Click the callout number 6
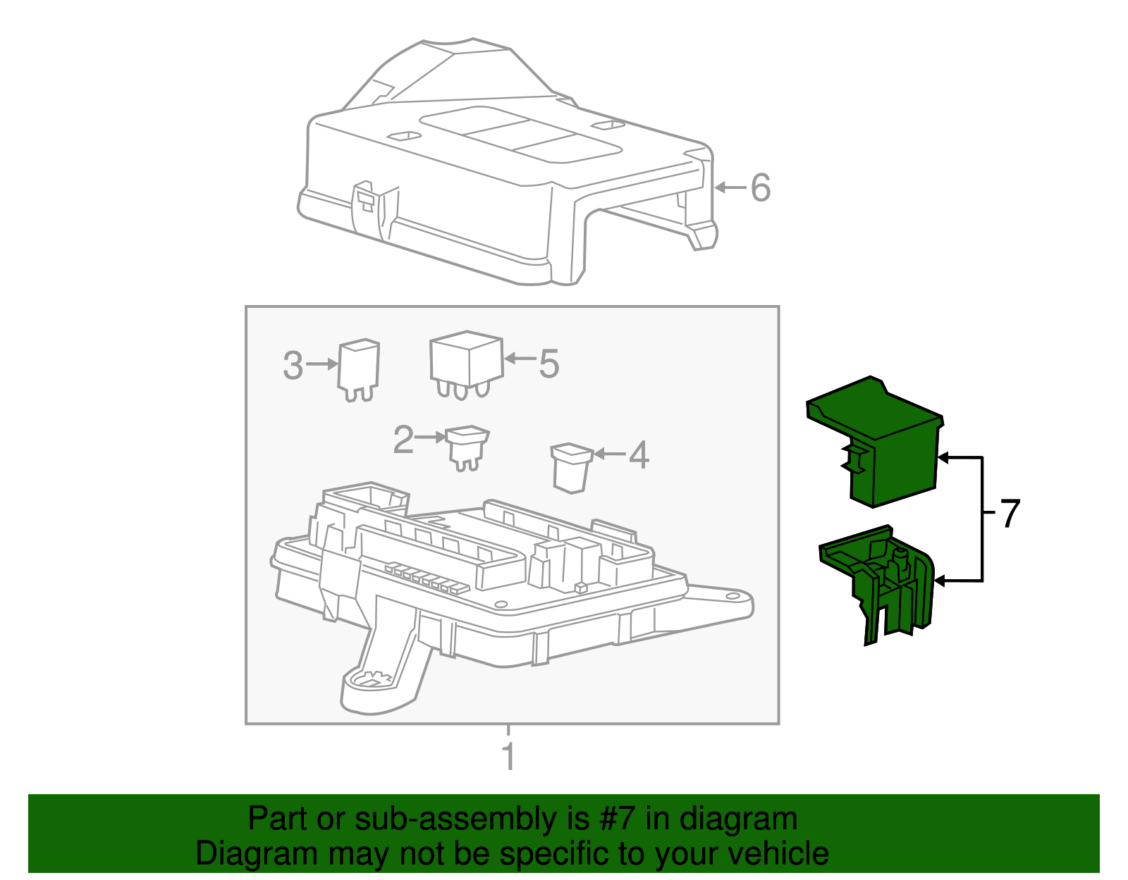point(761,187)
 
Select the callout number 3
point(293,365)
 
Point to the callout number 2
point(403,440)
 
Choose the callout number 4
point(639,454)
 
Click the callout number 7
point(1010,514)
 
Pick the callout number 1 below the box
point(509,757)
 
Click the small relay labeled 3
point(358,370)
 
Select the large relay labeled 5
point(467,365)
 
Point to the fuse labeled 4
point(572,468)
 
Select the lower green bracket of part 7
point(877,584)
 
